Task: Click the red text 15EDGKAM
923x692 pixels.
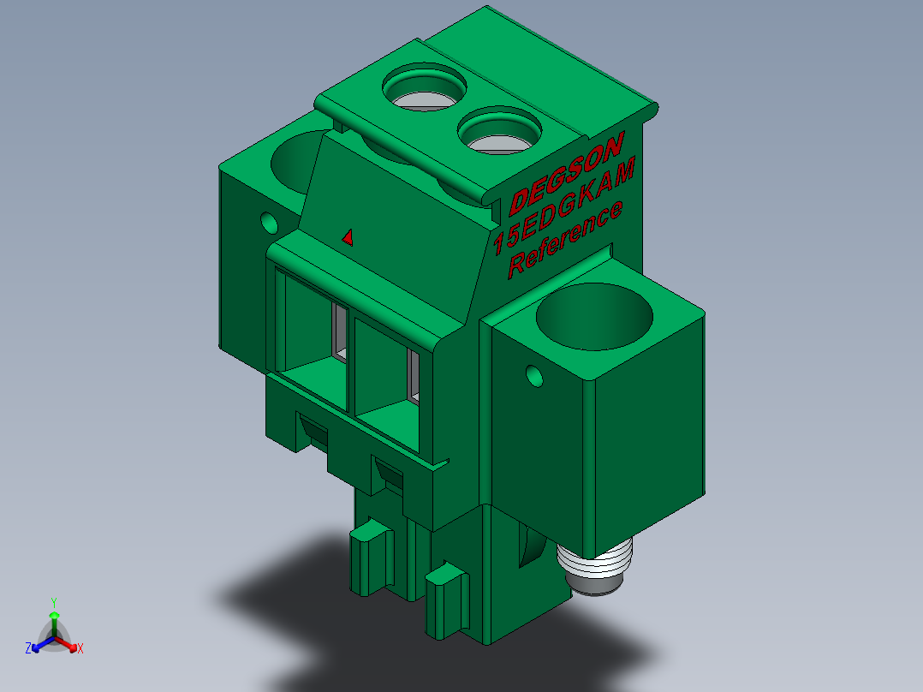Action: pos(564,206)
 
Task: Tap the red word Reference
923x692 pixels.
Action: pos(565,239)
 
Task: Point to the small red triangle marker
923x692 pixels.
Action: pos(348,237)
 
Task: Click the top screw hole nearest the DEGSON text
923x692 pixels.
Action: pos(499,130)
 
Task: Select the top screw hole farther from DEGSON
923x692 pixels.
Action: pos(425,86)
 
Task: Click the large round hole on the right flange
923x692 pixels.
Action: pos(594,317)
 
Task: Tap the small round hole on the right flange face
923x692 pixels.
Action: pos(534,376)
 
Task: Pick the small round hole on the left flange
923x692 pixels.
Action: pos(269,223)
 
